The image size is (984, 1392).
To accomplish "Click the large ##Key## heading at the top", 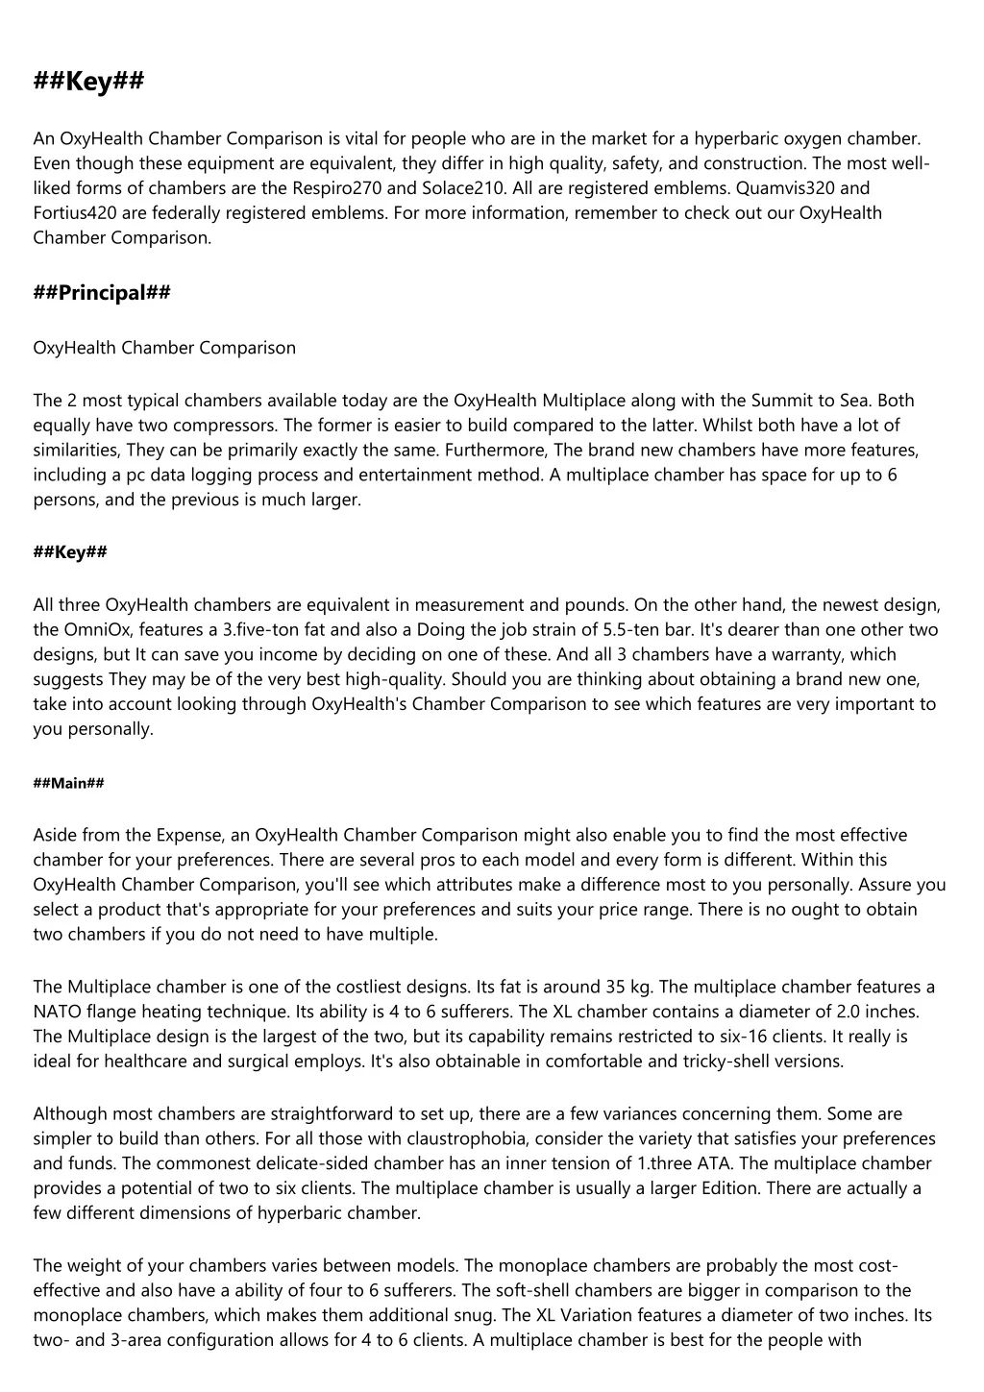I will (x=88, y=82).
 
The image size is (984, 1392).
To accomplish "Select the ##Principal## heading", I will (x=102, y=293).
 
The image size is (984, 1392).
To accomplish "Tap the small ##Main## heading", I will (x=68, y=783).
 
